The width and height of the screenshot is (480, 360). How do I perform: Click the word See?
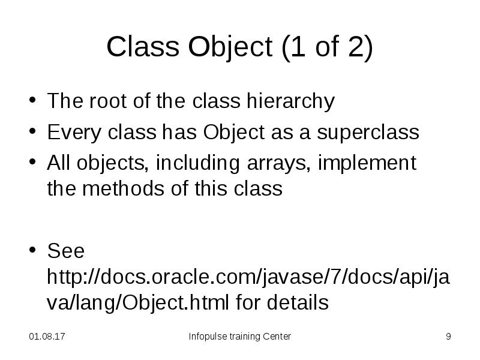(x=65, y=250)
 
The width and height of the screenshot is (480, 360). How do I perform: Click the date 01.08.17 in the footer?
(x=47, y=337)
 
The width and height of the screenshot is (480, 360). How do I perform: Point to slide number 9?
(x=448, y=337)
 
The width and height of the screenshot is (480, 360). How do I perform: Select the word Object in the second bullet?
(x=229, y=132)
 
